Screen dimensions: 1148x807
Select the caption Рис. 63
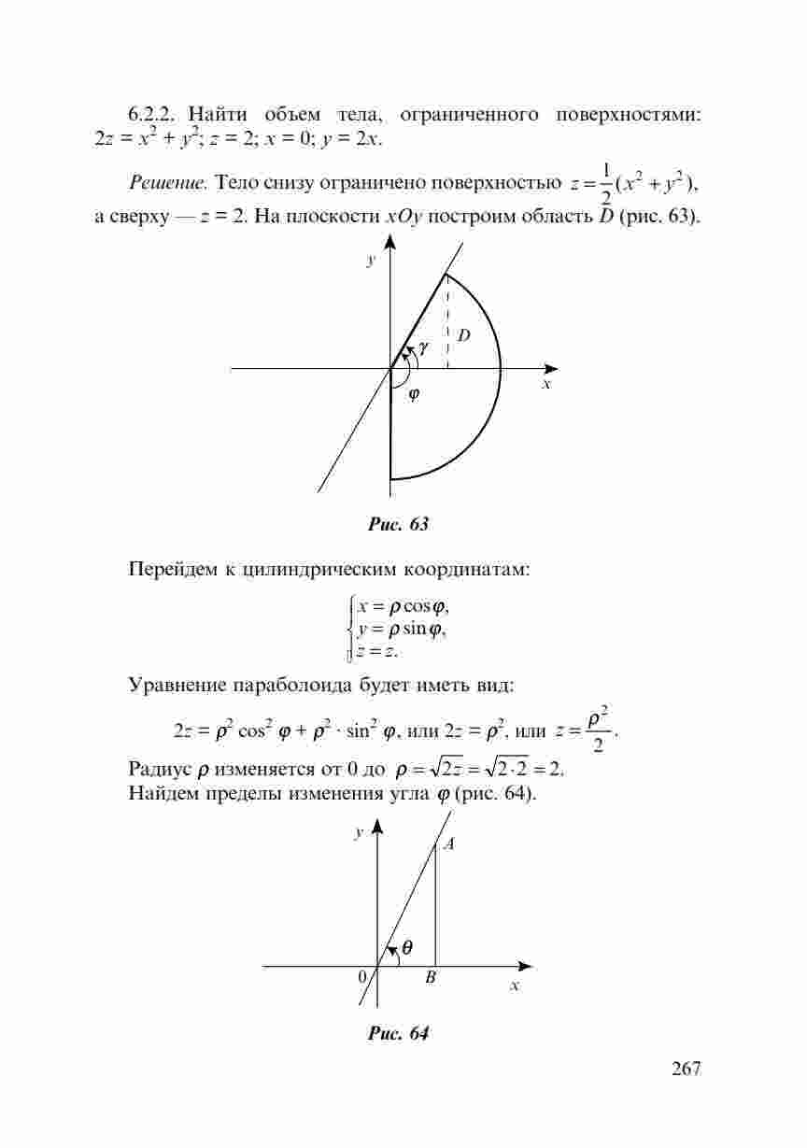pos(399,524)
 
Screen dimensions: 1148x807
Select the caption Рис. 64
pos(399,1034)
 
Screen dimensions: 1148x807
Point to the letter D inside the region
pos(463,334)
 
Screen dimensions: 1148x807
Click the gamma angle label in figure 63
pos(424,347)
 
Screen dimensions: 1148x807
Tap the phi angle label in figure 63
pos(413,393)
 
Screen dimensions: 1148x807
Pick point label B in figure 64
pos(430,978)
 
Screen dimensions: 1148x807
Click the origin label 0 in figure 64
pos(361,977)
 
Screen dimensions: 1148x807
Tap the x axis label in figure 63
pos(547,384)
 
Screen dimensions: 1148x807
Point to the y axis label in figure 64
pos(358,833)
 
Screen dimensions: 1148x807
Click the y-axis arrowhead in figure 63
pos(390,243)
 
